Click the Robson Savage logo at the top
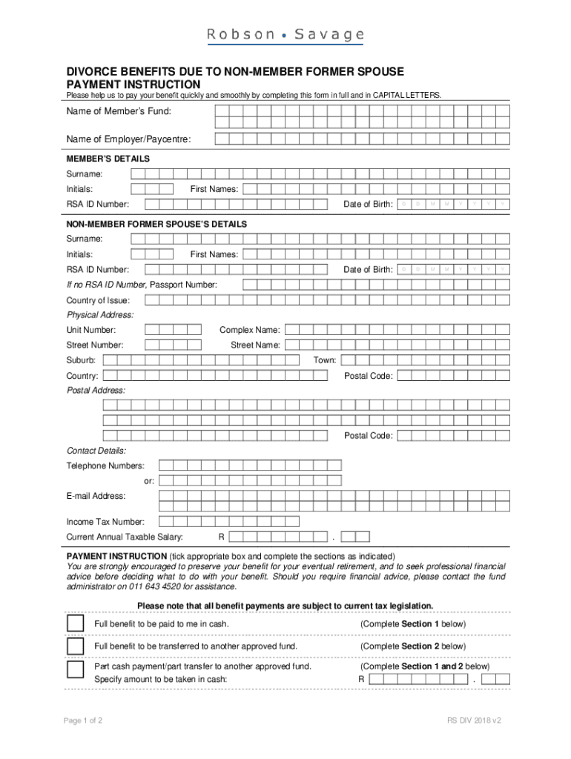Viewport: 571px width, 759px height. (285, 35)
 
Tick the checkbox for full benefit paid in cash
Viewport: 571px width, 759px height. (75, 623)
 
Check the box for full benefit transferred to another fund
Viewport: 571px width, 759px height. (75, 646)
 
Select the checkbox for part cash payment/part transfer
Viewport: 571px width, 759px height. (75, 669)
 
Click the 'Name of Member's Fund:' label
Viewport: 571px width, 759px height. (119, 111)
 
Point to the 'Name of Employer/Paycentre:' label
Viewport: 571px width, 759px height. (128, 139)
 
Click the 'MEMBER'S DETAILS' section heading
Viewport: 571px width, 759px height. (108, 159)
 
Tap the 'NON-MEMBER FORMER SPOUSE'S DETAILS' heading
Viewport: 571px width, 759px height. (156, 224)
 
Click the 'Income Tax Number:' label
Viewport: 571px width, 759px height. (105, 522)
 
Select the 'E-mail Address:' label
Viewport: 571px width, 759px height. (96, 496)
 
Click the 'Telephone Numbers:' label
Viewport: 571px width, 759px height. (105, 465)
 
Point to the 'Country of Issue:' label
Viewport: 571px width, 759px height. (99, 300)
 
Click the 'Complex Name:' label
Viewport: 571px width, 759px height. (249, 330)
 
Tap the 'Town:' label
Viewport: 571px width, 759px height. (324, 360)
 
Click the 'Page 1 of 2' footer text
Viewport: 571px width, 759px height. (83, 720)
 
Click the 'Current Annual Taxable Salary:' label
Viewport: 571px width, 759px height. (125, 537)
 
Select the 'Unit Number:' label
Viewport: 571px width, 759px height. (91, 330)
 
